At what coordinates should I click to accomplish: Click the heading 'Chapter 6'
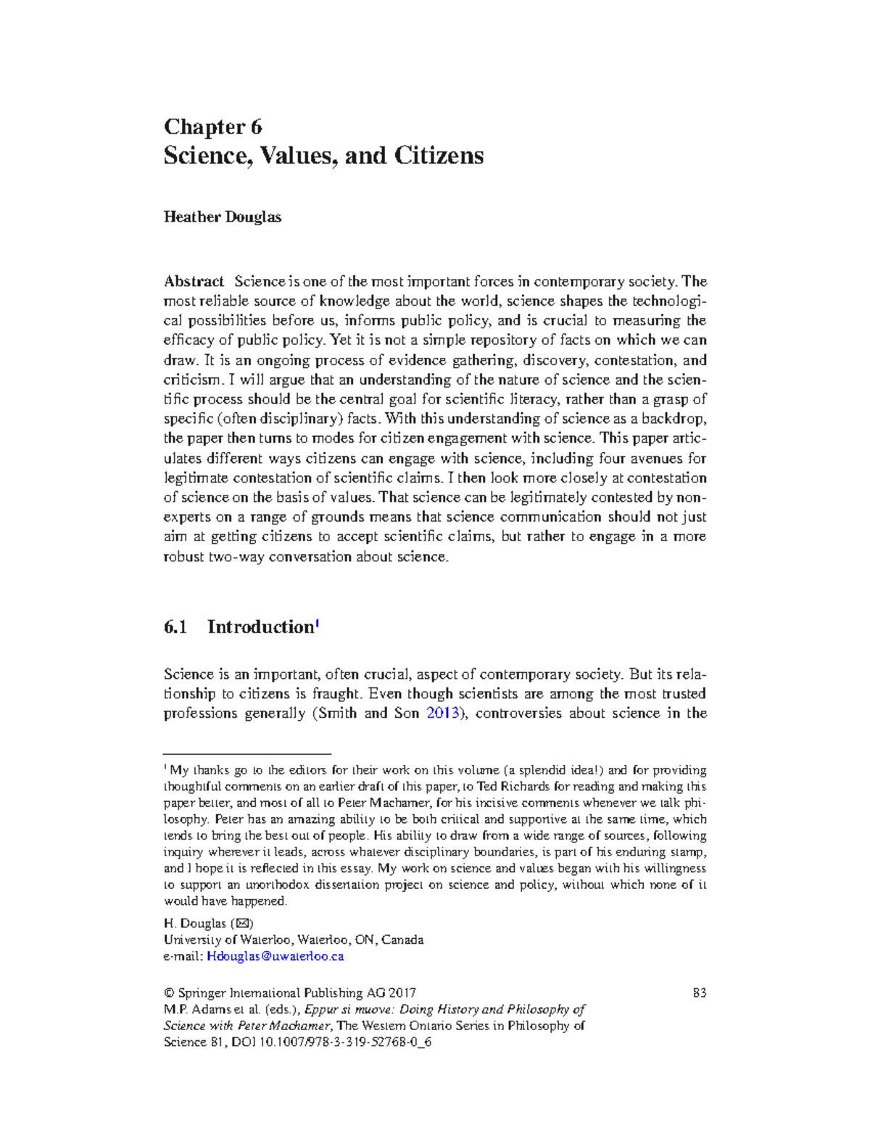212,127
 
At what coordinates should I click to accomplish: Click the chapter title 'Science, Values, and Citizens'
323,156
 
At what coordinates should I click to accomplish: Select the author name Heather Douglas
222,217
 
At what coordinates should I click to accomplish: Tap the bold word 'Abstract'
194,281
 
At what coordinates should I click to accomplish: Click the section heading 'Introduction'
260,627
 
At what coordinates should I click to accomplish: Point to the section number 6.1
175,627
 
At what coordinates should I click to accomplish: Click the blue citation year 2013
442,713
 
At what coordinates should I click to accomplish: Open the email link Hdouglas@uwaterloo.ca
275,956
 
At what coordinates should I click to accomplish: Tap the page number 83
699,992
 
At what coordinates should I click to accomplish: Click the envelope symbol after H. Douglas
243,924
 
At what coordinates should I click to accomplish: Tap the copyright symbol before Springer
169,992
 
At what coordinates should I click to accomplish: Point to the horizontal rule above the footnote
247,753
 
